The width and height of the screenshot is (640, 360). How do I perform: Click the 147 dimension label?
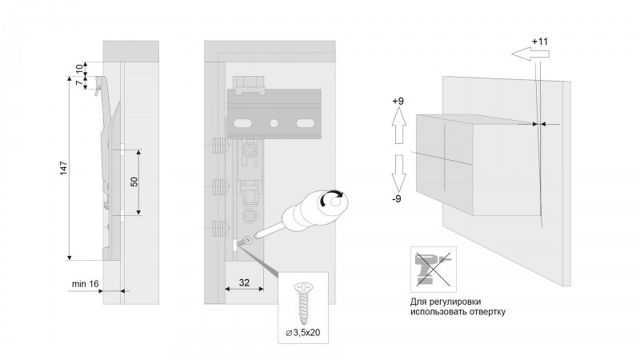pos(63,168)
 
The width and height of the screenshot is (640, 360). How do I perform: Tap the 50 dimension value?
pos(134,182)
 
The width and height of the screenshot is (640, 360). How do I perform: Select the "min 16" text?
pos(85,284)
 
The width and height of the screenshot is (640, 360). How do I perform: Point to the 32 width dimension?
pos(244,282)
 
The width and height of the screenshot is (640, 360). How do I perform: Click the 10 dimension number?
pos(79,68)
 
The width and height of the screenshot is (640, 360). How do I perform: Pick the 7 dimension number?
pos(79,83)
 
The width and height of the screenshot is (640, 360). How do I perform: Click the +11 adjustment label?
pos(540,42)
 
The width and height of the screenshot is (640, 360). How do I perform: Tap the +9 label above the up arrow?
pos(398,101)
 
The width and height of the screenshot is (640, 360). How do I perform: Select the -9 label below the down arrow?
pos(397,199)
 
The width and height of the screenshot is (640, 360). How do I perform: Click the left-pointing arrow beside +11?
pos(530,53)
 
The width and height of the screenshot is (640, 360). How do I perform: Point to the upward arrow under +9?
pos(399,126)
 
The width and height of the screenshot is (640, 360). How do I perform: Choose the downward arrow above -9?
pos(399,173)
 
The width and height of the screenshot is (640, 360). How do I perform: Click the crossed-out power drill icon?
pos(433,269)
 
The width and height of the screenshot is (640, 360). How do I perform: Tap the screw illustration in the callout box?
pos(303,303)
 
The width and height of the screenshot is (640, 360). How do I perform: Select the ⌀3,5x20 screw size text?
pos(303,333)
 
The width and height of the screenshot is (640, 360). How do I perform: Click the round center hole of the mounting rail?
pos(274,123)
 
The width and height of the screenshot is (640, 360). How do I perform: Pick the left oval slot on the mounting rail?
pos(242,123)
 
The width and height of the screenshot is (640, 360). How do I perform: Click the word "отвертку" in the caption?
pos(486,312)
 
